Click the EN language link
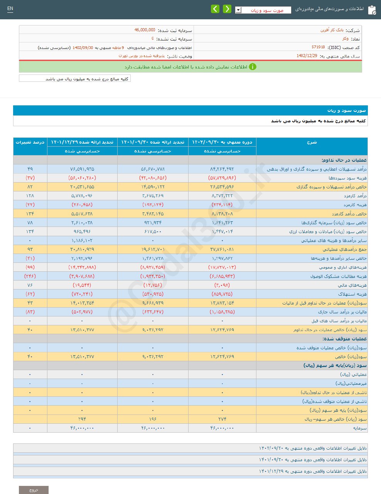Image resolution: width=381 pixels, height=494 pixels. coord(10,8)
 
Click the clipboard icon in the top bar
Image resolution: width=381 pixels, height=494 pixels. coord(372,10)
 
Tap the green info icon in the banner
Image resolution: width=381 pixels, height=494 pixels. coord(252,67)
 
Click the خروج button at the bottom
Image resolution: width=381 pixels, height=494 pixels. coord(34,490)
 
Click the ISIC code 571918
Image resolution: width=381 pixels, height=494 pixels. coord(318,47)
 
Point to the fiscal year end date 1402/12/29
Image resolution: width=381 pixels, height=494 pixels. coord(307,56)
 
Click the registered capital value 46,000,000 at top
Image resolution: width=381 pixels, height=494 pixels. coord(145,30)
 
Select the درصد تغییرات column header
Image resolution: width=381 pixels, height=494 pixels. coord(30,142)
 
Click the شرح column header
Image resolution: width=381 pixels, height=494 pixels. coord(312,142)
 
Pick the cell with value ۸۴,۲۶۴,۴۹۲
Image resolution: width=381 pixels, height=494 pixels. coord(222,169)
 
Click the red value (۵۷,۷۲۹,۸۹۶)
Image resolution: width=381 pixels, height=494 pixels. coord(222,178)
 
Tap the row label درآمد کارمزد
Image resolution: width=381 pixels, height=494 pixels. coord(355,196)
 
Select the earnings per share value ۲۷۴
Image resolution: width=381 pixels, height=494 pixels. coord(222,419)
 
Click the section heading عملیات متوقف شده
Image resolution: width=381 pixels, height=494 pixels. coord(344,339)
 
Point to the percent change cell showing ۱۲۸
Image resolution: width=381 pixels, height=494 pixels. coord(30,196)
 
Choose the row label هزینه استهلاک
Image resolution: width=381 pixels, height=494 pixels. coord(352,294)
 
